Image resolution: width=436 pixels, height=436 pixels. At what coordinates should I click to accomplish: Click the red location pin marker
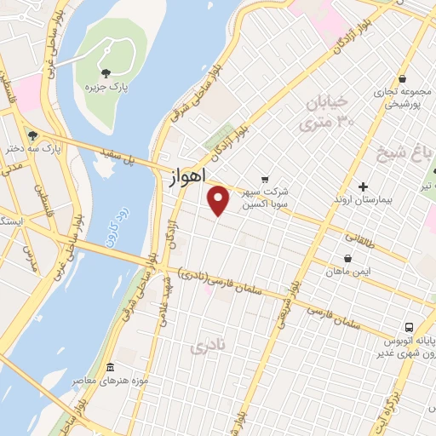219,200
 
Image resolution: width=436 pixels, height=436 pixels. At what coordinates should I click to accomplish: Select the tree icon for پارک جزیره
106,73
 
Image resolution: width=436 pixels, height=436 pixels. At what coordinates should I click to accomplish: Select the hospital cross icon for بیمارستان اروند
363,186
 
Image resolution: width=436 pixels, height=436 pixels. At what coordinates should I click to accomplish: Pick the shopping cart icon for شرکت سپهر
264,179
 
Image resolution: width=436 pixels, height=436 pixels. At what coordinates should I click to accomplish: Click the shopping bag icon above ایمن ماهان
347,258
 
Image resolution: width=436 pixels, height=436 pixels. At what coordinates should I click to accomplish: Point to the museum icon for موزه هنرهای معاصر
110,367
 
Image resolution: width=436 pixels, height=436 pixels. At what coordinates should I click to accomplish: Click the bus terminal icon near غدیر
410,327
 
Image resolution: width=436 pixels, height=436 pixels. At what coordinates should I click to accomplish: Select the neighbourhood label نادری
210,347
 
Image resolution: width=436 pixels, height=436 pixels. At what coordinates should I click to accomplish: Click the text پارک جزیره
107,87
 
